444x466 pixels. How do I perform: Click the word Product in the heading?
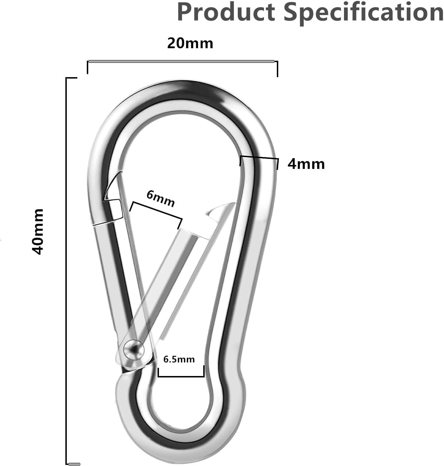click(226, 12)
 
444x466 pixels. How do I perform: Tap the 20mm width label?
click(190, 43)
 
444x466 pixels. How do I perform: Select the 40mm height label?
click(38, 232)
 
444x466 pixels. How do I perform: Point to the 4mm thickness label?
click(306, 164)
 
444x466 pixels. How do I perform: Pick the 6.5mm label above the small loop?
click(179, 360)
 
